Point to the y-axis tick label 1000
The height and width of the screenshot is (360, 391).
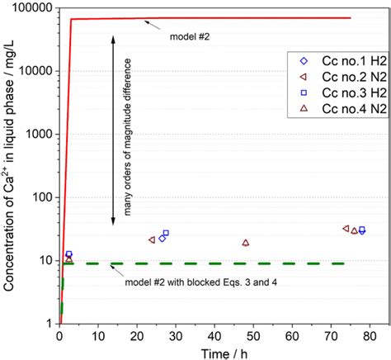point(36,135)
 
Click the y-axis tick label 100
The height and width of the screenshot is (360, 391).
point(39,197)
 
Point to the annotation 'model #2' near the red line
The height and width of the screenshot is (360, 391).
point(189,36)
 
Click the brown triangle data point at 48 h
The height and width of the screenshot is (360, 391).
point(246,243)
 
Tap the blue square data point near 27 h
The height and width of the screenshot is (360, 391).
point(166,234)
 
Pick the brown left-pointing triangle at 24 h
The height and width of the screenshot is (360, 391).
point(152,239)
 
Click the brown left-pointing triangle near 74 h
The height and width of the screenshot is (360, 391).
point(346,229)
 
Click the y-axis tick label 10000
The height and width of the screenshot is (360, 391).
point(34,72)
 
